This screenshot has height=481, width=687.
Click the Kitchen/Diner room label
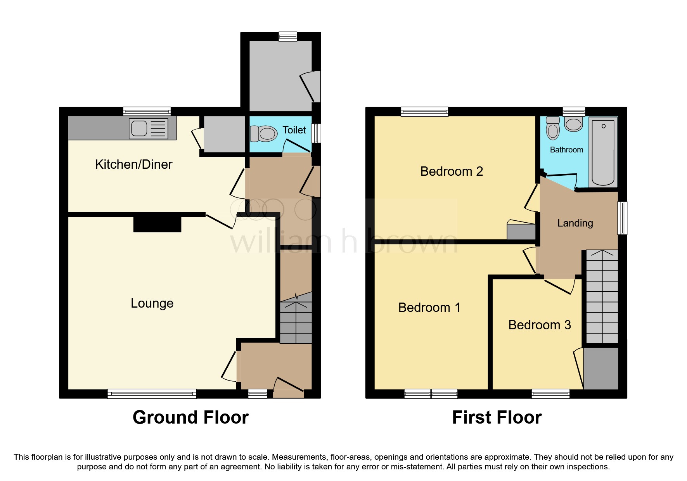(133, 164)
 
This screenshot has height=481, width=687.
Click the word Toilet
(294, 130)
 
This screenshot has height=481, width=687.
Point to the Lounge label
(152, 303)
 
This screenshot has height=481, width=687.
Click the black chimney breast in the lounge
(157, 224)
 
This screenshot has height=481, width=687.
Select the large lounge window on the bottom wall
(152, 394)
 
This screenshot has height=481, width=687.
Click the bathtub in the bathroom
(603, 152)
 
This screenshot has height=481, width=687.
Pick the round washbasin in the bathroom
(573, 125)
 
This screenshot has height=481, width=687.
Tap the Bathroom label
(566, 150)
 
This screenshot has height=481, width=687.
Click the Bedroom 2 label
(452, 171)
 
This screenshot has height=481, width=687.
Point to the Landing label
(575, 223)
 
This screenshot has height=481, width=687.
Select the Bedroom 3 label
(539, 325)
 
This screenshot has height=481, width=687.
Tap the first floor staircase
(602, 297)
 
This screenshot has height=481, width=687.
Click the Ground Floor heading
(190, 418)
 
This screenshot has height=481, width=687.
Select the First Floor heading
(497, 418)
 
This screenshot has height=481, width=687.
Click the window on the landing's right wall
(622, 218)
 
